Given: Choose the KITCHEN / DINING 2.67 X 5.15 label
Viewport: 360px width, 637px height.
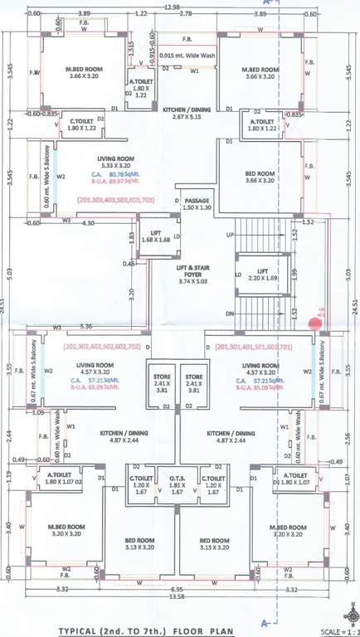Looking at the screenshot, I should (x=187, y=114).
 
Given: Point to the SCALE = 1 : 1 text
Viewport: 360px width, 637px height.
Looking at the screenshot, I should (x=333, y=630).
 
